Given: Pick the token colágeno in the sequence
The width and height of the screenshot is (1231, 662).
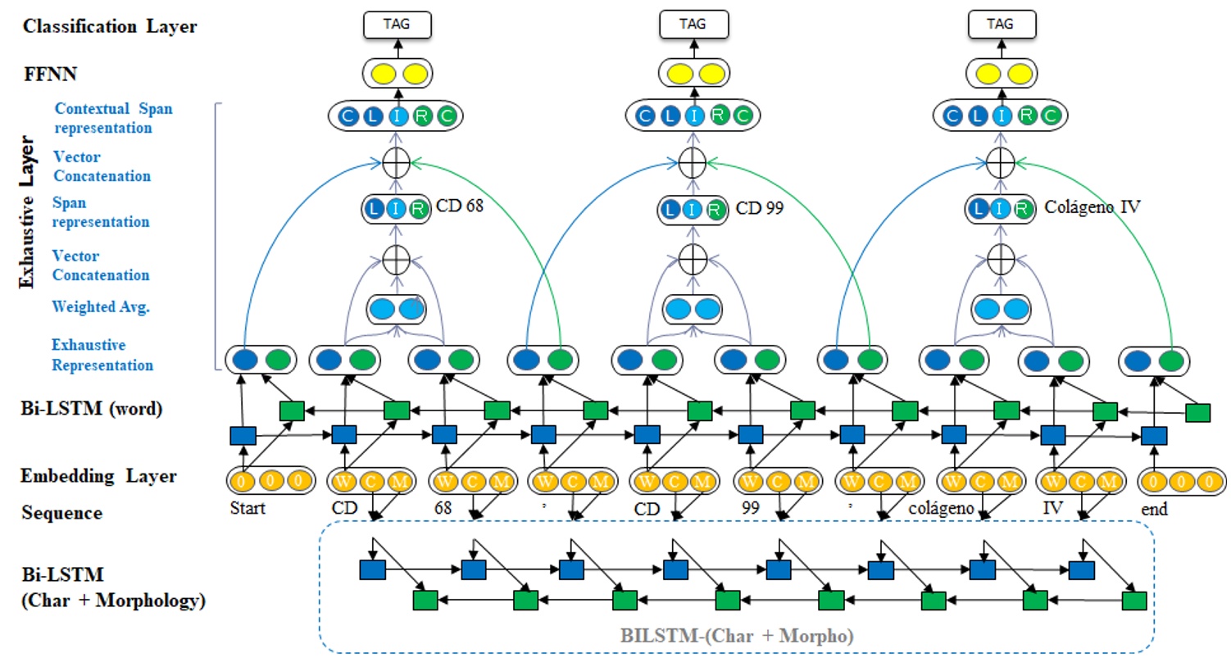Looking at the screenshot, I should pos(942,509).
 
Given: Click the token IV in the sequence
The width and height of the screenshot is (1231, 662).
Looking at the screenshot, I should pos(1052,509).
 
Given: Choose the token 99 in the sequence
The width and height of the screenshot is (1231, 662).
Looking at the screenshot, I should pos(750,509).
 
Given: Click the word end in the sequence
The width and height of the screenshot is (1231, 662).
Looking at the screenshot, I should pos(1153,510).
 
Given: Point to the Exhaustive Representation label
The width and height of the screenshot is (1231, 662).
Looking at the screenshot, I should pos(102,355).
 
